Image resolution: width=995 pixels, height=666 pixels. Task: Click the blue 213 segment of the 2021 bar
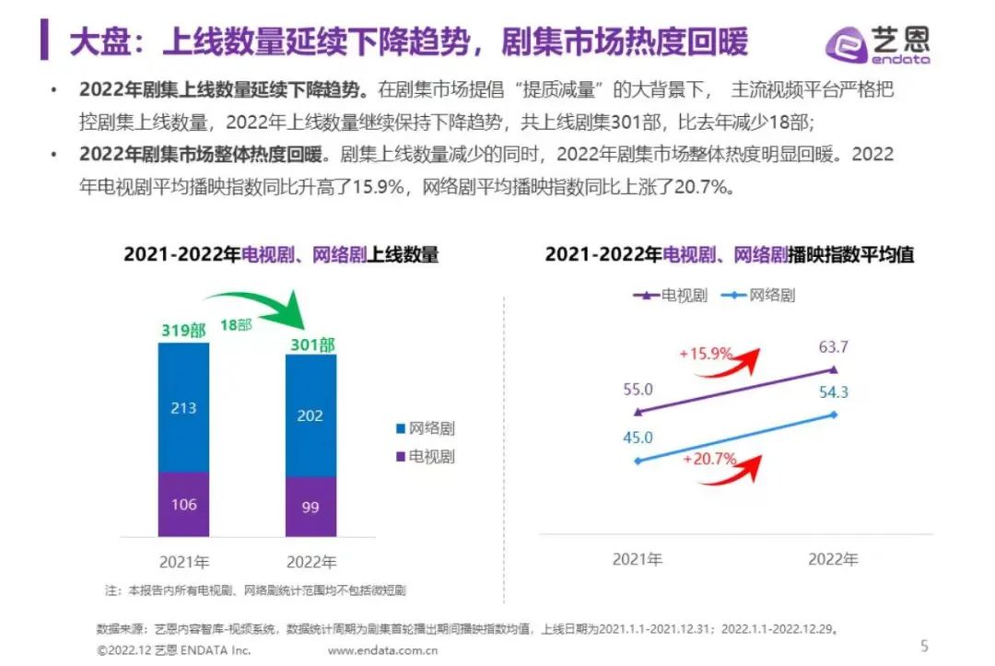tap(183, 407)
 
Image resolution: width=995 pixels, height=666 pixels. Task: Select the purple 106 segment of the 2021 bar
tap(183, 504)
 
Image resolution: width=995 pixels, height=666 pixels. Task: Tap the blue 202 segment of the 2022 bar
tap(310, 415)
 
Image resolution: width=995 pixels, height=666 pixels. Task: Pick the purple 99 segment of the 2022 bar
tap(310, 507)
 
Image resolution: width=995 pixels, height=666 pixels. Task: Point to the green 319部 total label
tap(182, 330)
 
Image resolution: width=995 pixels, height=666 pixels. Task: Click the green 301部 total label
tap(310, 345)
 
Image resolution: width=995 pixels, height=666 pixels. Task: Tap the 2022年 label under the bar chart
tap(311, 561)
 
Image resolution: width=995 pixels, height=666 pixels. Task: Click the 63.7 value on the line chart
tap(833, 347)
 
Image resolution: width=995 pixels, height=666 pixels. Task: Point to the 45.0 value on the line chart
tap(638, 438)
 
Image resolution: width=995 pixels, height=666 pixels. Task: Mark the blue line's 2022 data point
tap(834, 415)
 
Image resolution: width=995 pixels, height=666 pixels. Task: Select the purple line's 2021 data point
tap(638, 412)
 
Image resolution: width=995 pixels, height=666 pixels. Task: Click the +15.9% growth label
tap(706, 354)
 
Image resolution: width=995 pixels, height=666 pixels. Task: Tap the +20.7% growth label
tap(708, 458)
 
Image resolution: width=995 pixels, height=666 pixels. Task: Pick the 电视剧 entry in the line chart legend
tap(670, 296)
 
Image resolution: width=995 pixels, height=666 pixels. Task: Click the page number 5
tap(924, 645)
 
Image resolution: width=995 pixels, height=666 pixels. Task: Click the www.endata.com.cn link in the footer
tap(382, 650)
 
